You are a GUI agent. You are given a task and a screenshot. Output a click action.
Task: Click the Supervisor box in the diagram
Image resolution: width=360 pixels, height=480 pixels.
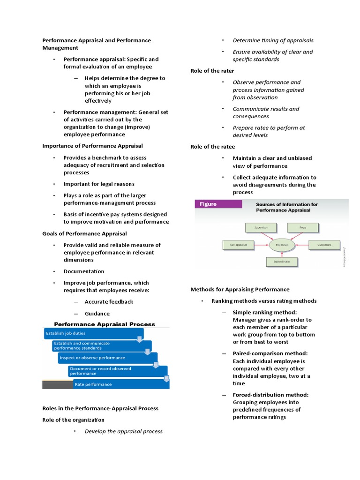point(261,227)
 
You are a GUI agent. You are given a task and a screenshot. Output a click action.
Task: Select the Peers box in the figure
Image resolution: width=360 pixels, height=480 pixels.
point(303,227)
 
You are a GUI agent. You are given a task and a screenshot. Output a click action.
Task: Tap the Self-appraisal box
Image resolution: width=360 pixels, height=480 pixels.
point(238,245)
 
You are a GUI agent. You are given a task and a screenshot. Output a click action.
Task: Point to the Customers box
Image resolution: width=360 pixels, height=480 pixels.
point(324,245)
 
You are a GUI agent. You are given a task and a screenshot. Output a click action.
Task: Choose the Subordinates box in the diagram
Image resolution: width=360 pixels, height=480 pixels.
point(282,262)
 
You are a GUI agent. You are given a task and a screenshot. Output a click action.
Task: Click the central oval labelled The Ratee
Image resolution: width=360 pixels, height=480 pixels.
point(282,245)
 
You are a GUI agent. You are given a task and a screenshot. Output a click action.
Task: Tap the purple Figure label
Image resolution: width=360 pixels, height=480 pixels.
point(218,204)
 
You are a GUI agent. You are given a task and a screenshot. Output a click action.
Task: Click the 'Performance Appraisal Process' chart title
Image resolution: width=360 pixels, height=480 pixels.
point(105,324)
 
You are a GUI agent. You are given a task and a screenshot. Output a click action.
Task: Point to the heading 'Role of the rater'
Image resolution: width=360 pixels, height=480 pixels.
point(212,71)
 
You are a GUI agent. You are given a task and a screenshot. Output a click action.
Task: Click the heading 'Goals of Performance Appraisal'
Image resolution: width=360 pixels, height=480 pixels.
point(84,233)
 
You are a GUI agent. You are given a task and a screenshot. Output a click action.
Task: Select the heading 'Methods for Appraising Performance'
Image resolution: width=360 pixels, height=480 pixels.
point(240,289)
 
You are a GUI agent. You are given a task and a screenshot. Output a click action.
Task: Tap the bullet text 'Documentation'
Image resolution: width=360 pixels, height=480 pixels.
point(84,271)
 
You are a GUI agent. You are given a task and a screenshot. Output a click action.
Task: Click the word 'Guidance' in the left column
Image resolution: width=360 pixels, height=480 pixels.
point(97,314)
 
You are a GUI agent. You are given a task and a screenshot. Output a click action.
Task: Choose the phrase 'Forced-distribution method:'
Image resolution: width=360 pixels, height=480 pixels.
point(271,395)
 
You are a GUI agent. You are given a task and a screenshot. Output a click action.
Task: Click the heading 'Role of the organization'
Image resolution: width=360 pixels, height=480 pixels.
point(74,420)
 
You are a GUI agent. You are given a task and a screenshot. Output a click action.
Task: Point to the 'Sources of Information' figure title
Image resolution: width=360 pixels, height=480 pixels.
point(286,207)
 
